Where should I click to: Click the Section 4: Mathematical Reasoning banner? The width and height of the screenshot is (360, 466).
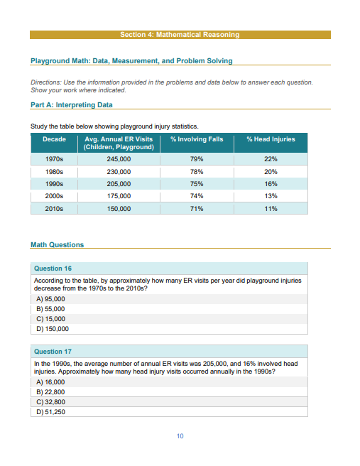[x=180, y=35]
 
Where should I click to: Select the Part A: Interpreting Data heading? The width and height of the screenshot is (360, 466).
[x=72, y=105]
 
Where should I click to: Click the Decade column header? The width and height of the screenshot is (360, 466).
[x=54, y=139]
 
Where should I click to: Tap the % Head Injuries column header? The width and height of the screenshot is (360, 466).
[x=270, y=139]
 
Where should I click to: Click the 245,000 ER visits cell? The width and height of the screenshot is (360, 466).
[x=118, y=160]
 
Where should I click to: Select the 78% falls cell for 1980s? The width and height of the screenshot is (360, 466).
[x=197, y=172]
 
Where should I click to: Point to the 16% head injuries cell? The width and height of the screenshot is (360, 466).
[x=270, y=184]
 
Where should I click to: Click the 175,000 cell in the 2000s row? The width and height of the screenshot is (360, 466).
[x=118, y=196]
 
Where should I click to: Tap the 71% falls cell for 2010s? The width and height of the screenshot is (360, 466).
[x=197, y=209]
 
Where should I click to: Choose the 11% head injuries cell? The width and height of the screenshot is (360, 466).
[x=270, y=209]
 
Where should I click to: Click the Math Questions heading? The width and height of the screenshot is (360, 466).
[x=57, y=245]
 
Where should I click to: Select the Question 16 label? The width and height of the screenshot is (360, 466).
[x=53, y=269]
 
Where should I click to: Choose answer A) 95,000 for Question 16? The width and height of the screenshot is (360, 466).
[x=50, y=300]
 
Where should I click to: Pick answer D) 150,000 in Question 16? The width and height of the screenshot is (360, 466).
[x=52, y=329]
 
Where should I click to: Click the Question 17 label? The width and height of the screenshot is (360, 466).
[x=53, y=352]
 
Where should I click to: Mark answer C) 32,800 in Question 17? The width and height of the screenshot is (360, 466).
[x=50, y=401]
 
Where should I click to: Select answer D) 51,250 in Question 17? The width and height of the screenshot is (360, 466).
[x=50, y=411]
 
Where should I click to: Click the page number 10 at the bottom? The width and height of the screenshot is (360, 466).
[x=180, y=435]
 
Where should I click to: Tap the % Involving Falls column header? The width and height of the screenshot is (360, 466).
[x=197, y=139]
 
